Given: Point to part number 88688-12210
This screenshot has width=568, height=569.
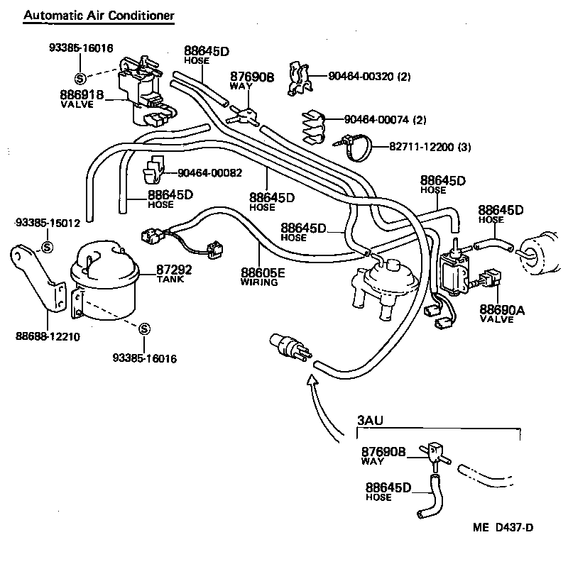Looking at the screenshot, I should click(49, 336).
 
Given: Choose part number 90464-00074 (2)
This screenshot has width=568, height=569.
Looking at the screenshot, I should click(385, 119).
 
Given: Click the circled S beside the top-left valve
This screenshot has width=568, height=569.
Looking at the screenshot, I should click(79, 78).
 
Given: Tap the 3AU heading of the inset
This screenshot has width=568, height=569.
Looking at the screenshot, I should click(369, 421).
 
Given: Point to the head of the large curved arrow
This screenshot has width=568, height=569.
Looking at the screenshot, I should click(310, 381).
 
